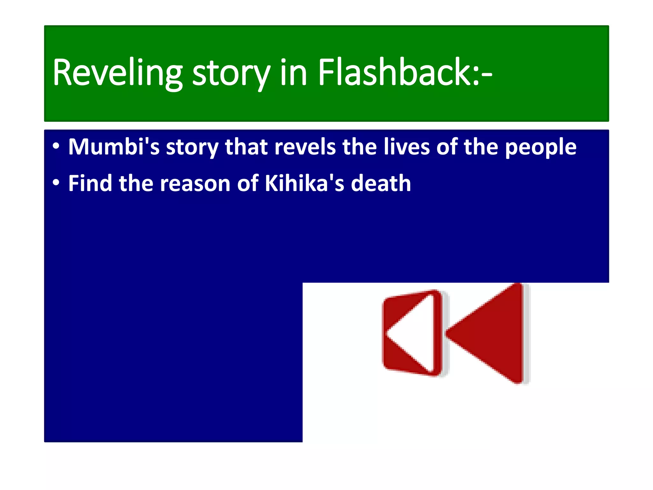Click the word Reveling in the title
tap(117, 72)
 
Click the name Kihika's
tap(304, 183)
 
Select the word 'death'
tap(381, 183)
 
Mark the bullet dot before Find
tap(56, 183)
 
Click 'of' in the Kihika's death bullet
tap(248, 183)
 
